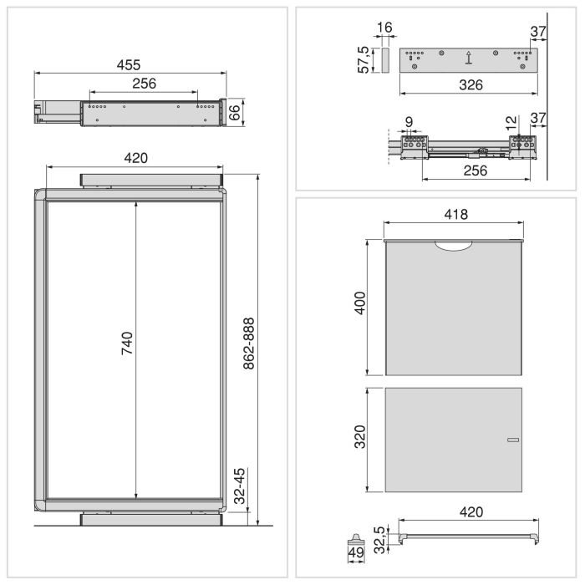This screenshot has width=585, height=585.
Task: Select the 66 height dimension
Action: tap(235, 113)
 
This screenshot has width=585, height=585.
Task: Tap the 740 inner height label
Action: tap(128, 345)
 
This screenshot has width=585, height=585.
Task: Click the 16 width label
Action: tap(384, 28)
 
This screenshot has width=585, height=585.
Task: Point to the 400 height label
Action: tap(359, 306)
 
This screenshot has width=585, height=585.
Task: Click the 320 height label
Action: tap(359, 439)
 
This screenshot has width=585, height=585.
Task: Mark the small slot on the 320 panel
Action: tap(512, 440)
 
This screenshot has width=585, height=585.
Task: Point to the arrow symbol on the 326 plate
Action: tap(468, 58)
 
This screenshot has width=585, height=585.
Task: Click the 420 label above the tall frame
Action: tap(135, 158)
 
